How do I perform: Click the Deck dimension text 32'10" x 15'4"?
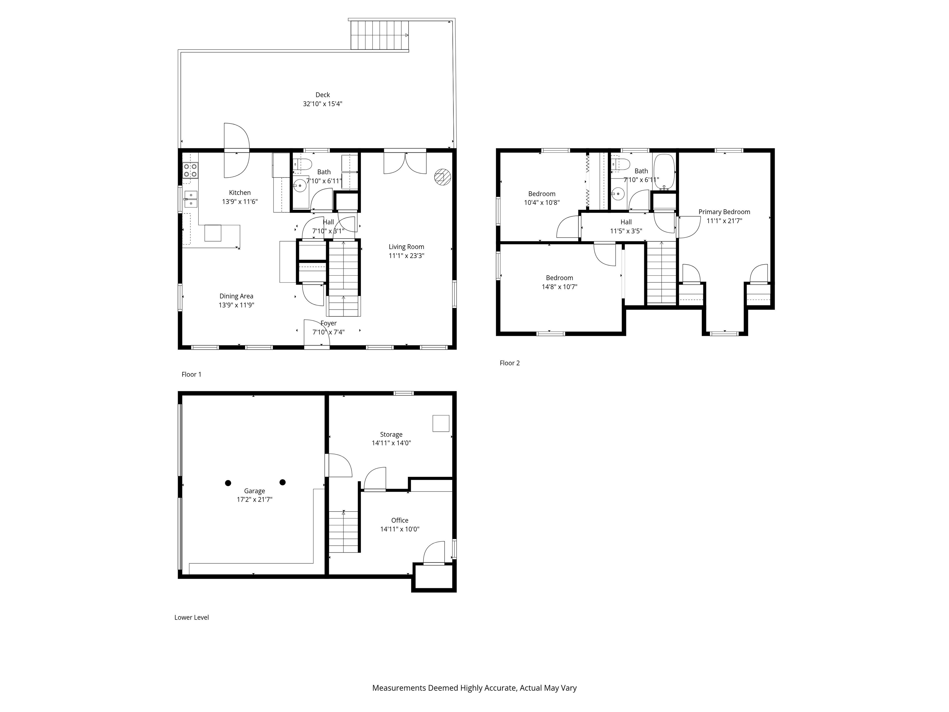[x=323, y=104]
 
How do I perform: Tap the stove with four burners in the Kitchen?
[x=191, y=170]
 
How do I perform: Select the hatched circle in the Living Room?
[x=442, y=177]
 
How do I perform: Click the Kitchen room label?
[x=240, y=193]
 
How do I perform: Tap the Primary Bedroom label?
[x=724, y=212]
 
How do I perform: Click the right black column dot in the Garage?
[x=282, y=482]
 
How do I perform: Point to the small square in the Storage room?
[x=441, y=423]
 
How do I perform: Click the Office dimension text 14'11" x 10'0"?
[x=400, y=529]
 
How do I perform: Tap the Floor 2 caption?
[x=510, y=363]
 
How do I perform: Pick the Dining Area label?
[x=236, y=296]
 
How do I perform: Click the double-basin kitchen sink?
[x=191, y=200]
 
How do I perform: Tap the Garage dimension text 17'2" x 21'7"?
[x=255, y=500]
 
